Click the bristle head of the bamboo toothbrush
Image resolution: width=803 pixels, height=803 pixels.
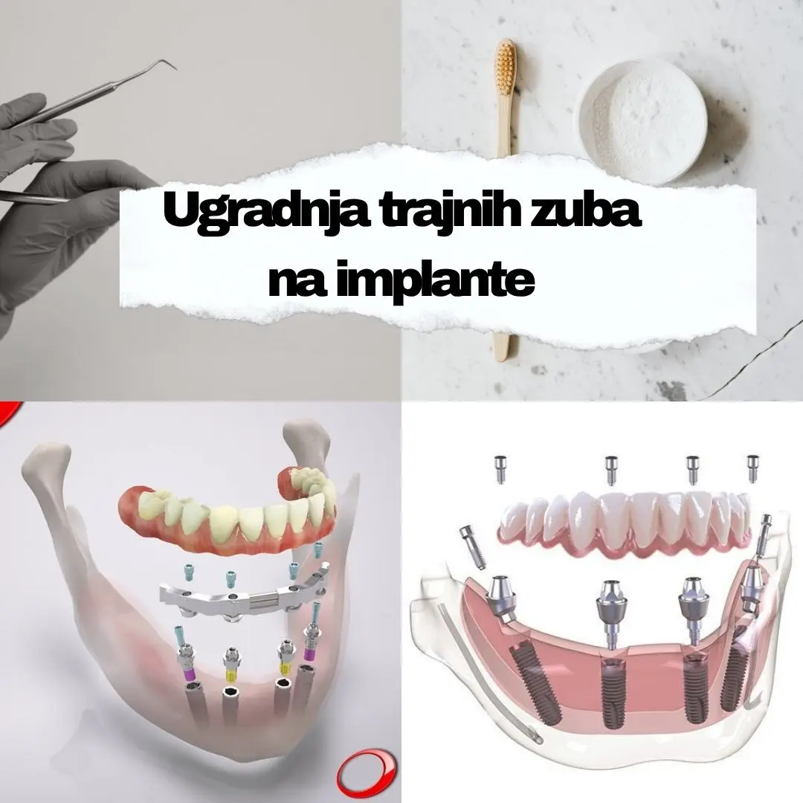coord(506,62)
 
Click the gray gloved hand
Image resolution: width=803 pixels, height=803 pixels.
coord(52,193)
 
